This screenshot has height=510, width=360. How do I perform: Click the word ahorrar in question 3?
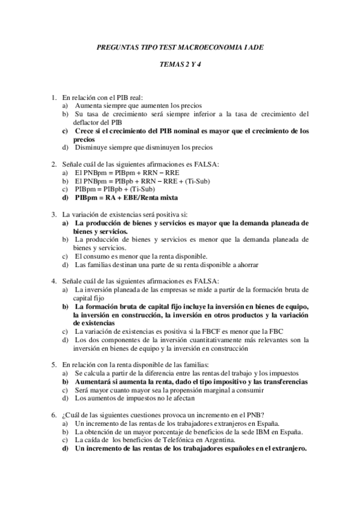[246, 264]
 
